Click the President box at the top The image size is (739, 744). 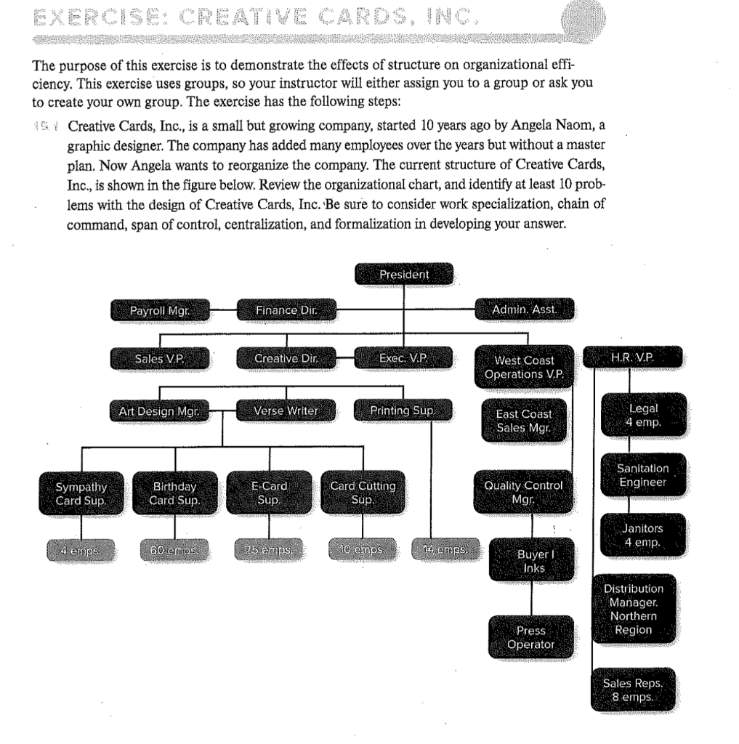404,275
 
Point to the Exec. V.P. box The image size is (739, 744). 404,359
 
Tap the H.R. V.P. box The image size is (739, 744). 634,359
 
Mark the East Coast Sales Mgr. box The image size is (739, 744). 524,421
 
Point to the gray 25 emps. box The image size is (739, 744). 270,545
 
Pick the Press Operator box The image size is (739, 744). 531,637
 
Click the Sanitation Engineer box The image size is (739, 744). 642,475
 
